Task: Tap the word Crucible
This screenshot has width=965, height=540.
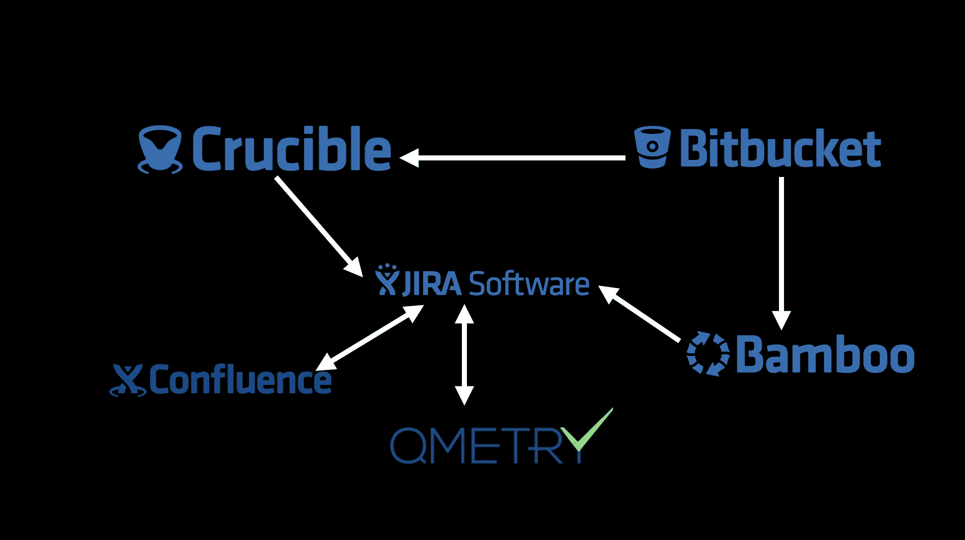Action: (x=291, y=149)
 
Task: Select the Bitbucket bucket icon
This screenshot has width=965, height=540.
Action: (x=652, y=147)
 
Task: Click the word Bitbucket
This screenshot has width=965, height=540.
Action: (x=780, y=148)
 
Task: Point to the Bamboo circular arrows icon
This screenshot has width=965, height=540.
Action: (x=708, y=354)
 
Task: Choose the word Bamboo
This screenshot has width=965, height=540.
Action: (x=825, y=354)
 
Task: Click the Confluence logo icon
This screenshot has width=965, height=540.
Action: (x=128, y=380)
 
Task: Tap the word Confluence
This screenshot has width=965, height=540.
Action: (x=240, y=380)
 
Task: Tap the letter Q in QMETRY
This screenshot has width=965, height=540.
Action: (x=409, y=445)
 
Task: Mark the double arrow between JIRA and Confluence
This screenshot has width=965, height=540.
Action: (x=369, y=337)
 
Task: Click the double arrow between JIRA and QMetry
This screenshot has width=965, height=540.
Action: (x=464, y=355)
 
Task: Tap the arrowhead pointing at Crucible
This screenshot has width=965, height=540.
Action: (x=409, y=158)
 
